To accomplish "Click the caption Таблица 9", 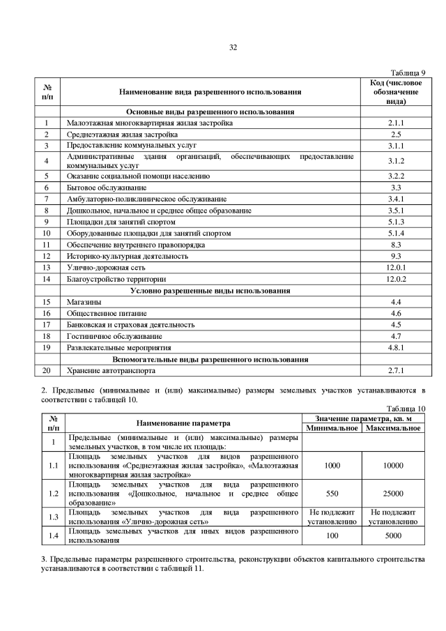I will coord(408,73).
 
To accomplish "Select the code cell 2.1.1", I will coord(396,123).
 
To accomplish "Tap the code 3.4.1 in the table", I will coord(396,199).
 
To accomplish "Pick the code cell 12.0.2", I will coord(396,279).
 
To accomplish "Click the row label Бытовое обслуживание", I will coord(106,188).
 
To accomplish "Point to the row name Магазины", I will coord(83,302).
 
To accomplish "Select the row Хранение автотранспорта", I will coord(111,370).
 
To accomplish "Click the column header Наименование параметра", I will coord(183,423).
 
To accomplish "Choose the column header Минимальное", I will coord(332,427).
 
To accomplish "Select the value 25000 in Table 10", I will coord(392,493).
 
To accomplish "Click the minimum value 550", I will coord(332,493).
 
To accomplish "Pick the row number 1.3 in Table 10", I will coord(53,517).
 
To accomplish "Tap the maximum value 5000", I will coord(392,536).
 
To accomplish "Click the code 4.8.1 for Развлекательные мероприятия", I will coord(396,347).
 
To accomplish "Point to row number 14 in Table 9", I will coord(47,279).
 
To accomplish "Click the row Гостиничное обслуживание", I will coord(109,336).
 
